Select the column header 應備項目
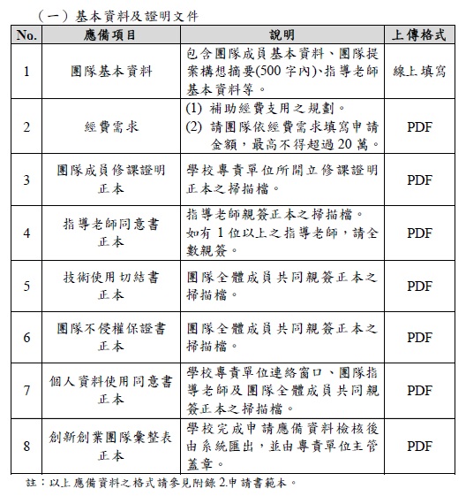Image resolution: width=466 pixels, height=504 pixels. pos(111,34)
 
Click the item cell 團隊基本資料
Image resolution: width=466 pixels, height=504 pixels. pos(111,70)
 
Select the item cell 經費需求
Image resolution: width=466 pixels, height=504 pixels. pos(111,126)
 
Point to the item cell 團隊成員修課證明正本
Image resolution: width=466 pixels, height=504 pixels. pos(111,178)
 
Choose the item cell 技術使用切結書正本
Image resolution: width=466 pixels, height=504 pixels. pos(111,285)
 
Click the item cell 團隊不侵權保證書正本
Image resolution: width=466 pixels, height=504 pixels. pos(111,336)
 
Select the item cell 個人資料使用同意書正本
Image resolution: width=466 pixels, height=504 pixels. pos(111,390)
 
